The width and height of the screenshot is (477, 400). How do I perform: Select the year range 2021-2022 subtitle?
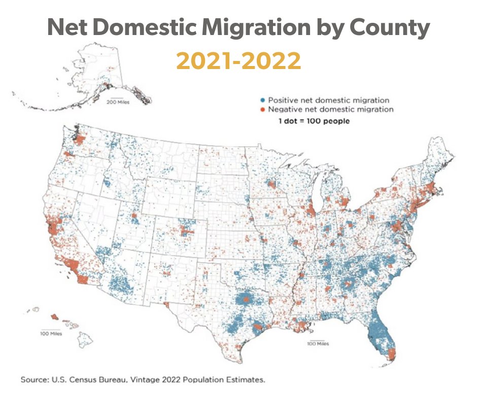click(x=238, y=61)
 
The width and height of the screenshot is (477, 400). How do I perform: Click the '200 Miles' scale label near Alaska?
click(x=118, y=102)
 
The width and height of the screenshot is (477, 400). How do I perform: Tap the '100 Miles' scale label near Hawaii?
click(x=51, y=334)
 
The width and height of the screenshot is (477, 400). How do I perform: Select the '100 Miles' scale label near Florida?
click(x=318, y=344)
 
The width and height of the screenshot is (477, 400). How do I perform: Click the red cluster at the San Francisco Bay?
click(x=51, y=223)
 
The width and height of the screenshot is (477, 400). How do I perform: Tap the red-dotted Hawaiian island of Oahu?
click(x=54, y=317)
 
